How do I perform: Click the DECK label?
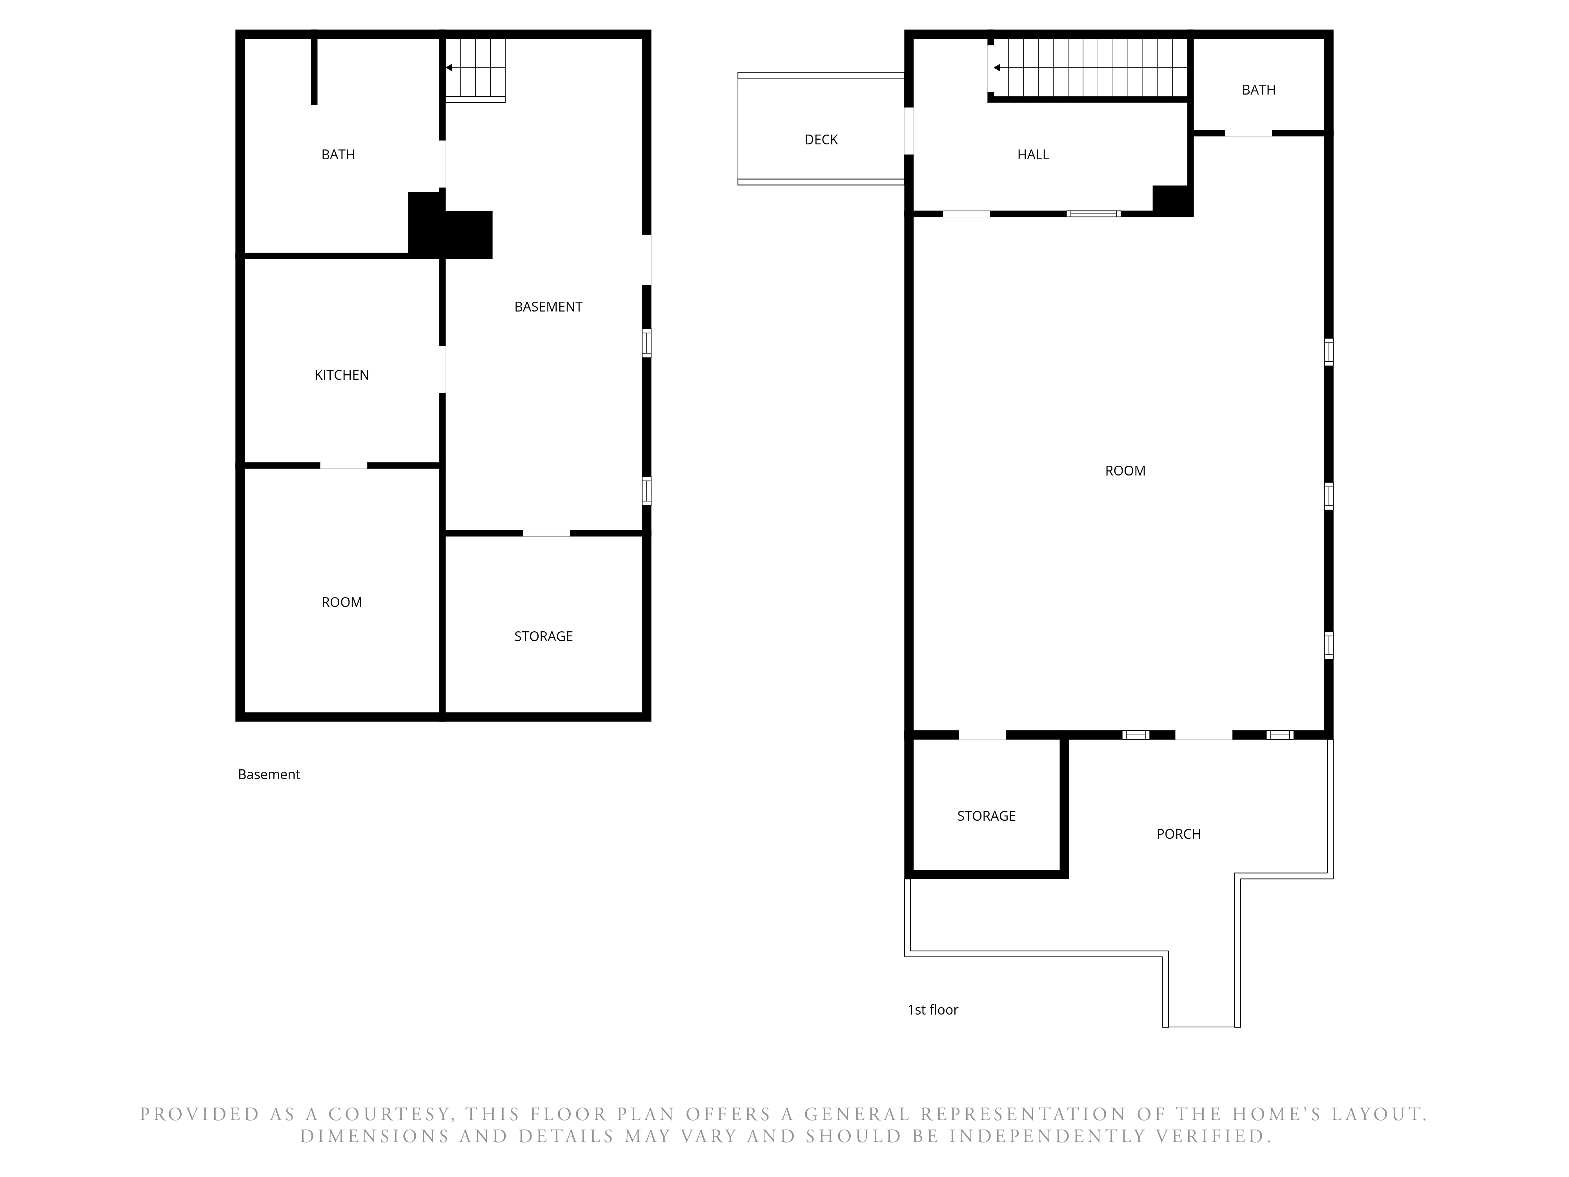821,140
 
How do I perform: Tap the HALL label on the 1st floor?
1033,155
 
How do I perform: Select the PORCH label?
1178,834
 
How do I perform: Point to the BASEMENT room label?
548,307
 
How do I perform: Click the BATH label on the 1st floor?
1258,90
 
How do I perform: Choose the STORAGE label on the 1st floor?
986,816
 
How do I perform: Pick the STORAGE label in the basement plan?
543,636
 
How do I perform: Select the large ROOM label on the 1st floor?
1125,471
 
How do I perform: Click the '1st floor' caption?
933,1009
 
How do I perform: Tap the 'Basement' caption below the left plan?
269,775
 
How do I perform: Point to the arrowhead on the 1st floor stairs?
997,68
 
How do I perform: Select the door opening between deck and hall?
908,131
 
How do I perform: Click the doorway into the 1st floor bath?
1249,133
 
